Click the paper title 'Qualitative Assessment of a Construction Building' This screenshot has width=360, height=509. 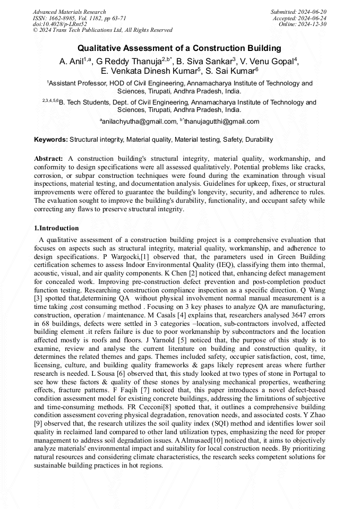(x=179, y=49)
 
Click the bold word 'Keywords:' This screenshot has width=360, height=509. (x=51, y=140)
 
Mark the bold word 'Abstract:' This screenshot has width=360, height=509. (x=49, y=159)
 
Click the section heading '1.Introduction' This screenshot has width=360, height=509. (x=56, y=228)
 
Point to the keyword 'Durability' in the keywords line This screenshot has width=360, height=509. (x=259, y=140)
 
